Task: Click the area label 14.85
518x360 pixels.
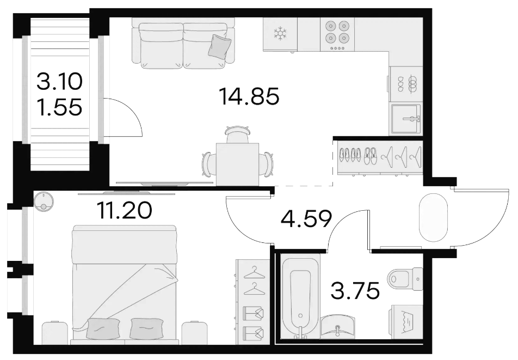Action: [249, 96]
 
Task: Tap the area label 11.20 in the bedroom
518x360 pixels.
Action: [125, 210]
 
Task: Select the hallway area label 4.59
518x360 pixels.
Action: [306, 219]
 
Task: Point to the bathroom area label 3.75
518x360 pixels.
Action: [355, 291]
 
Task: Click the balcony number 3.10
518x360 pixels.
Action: [59, 82]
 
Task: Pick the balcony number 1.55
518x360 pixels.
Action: [59, 106]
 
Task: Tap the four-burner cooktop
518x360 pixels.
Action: [337, 34]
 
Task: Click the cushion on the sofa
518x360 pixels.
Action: [219, 47]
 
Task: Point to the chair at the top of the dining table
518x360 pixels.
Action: [237, 134]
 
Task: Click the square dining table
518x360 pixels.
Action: [238, 164]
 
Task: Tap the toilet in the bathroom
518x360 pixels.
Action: [405, 279]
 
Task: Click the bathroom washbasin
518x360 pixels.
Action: [337, 327]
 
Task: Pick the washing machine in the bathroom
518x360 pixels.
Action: [406, 322]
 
